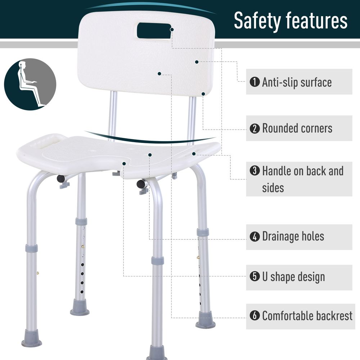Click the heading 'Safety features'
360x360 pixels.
point(291,21)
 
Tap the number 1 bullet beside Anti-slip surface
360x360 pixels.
point(255,82)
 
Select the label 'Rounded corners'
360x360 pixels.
point(297,128)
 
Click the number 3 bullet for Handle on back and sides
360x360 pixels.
point(255,171)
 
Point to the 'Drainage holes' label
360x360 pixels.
point(293,237)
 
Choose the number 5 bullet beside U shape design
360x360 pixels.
point(255,276)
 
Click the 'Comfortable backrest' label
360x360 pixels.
point(307,316)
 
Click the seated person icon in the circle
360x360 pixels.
point(30,84)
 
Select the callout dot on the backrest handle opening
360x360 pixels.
point(172,30)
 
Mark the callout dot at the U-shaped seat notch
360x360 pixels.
point(124,163)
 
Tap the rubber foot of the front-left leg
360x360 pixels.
point(32,339)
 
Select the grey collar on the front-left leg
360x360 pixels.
point(31,248)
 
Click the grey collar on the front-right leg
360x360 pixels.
point(158,261)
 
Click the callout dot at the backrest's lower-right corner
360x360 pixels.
point(203,94)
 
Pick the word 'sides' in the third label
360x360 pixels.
point(273,188)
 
